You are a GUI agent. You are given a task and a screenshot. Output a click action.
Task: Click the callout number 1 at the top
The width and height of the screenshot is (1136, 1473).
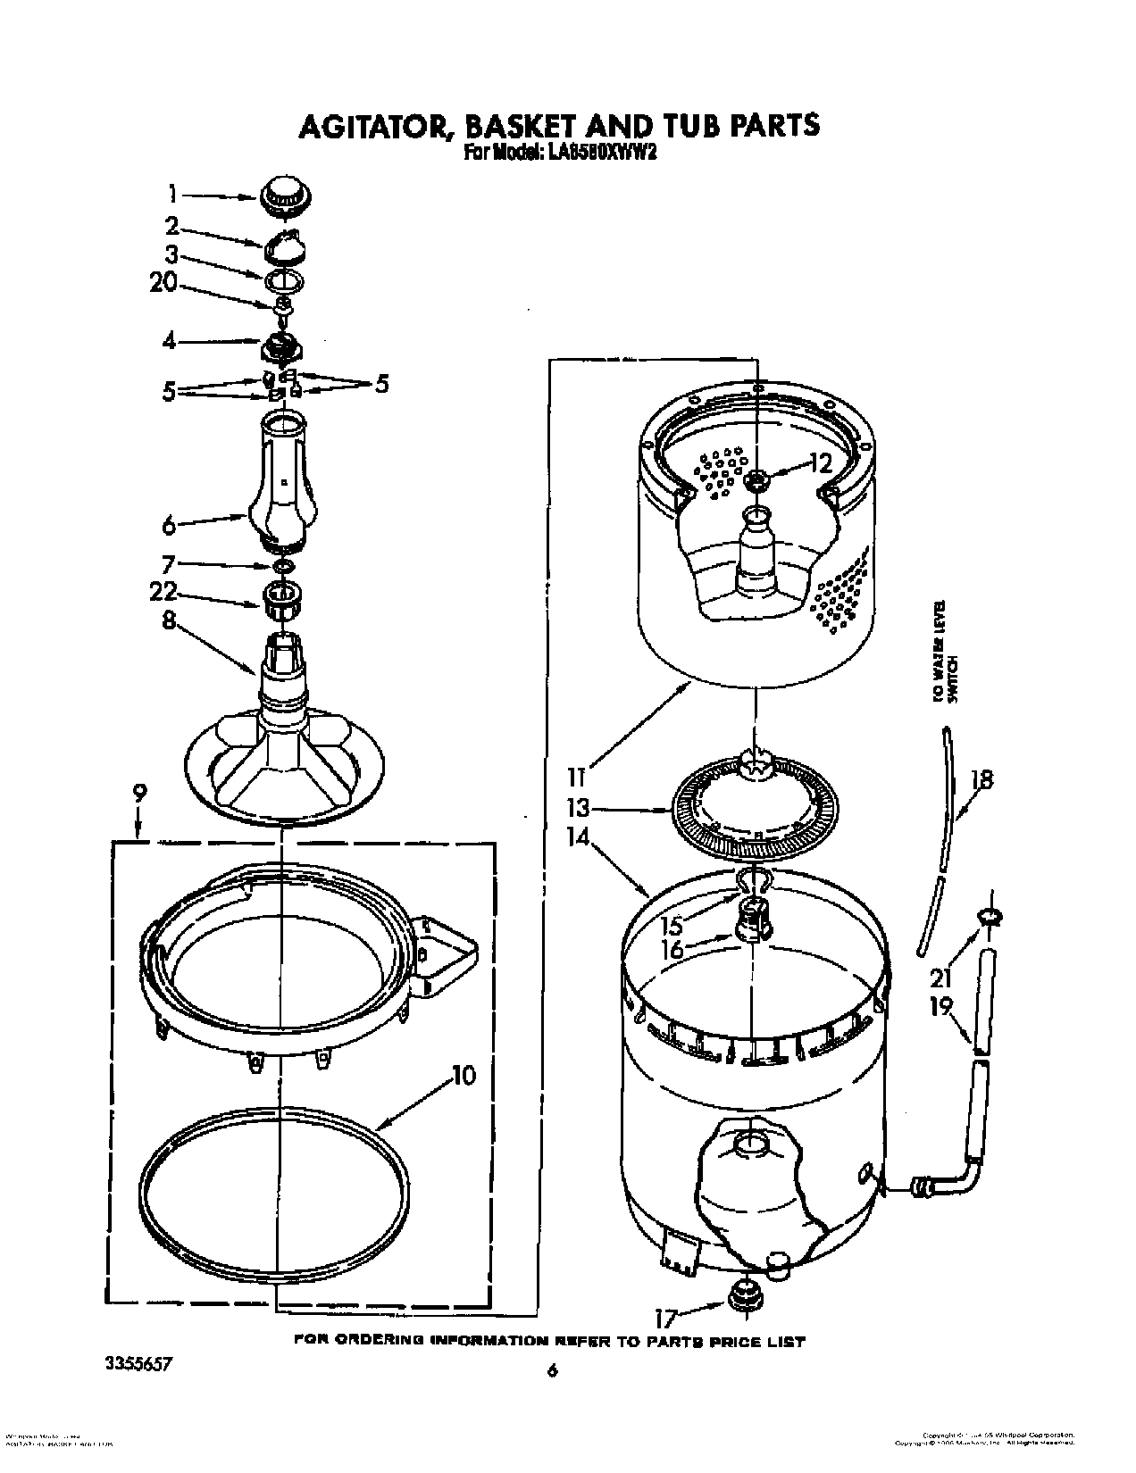tap(173, 194)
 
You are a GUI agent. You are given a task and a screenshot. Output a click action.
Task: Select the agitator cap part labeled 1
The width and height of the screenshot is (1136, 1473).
tap(282, 196)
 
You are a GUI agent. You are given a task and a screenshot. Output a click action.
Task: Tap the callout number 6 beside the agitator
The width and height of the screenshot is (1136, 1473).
tap(169, 526)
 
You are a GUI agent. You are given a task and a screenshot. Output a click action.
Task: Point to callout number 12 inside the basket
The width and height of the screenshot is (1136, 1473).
tap(819, 462)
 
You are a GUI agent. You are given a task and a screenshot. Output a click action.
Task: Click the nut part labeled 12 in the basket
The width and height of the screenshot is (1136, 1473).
tap(756, 481)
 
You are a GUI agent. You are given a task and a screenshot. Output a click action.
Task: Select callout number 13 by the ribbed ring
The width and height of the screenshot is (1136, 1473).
tap(578, 809)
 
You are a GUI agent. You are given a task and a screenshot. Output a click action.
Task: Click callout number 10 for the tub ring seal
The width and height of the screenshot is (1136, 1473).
tap(462, 1076)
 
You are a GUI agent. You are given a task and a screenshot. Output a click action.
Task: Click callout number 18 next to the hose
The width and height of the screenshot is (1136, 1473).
tap(981, 780)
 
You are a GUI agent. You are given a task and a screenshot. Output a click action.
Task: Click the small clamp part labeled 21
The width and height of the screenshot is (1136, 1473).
tap(990, 915)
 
